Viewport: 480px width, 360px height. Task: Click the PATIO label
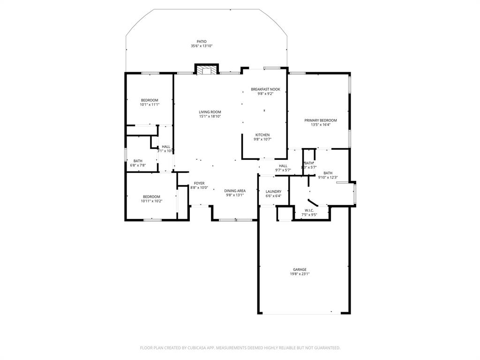point(202,41)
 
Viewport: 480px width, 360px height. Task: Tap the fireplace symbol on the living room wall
point(206,70)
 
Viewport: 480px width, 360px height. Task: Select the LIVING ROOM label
point(210,112)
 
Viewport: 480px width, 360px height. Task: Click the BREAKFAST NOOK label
point(265,89)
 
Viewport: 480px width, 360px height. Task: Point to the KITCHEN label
point(262,135)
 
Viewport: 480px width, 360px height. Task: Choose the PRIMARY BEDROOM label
point(321,120)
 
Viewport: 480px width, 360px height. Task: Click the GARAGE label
point(300,270)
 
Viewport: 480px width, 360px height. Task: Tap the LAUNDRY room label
point(273,191)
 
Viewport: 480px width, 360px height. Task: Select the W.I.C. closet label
point(309,210)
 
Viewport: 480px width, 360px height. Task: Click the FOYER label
point(199,183)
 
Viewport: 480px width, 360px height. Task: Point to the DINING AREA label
point(235,191)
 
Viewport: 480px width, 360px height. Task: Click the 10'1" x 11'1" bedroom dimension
point(150,105)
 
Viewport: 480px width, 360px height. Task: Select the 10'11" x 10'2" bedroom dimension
point(151,201)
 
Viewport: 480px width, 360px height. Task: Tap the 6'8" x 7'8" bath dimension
point(138,165)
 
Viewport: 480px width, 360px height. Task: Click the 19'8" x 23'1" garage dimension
point(300,274)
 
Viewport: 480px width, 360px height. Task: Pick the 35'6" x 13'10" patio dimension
point(202,46)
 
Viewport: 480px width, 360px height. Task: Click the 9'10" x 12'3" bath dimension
point(328,177)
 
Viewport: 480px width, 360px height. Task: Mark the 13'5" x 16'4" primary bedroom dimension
point(321,125)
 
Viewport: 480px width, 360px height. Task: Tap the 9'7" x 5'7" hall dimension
point(283,170)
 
